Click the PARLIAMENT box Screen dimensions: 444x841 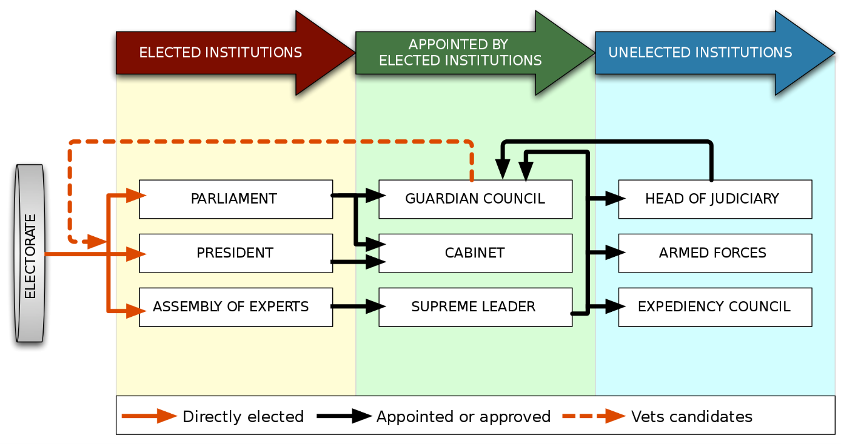click(235, 199)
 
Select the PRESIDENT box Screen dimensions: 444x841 click(235, 253)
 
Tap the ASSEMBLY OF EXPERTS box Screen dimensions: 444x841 click(235, 306)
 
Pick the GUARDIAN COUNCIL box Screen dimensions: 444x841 click(475, 199)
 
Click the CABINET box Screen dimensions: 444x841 click(475, 253)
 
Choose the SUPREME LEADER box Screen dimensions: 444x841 click(475, 306)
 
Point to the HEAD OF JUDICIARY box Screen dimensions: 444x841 click(714, 199)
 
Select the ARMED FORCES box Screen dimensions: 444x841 click(714, 253)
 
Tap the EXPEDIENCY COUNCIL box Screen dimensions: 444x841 click(714, 306)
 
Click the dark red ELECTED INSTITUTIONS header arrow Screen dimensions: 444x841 click(221, 53)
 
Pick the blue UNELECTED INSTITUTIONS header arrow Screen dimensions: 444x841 click(700, 53)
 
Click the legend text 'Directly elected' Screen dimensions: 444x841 click(243, 417)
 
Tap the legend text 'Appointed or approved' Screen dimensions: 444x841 click(463, 417)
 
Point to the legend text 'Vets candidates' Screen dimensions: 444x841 click(691, 417)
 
